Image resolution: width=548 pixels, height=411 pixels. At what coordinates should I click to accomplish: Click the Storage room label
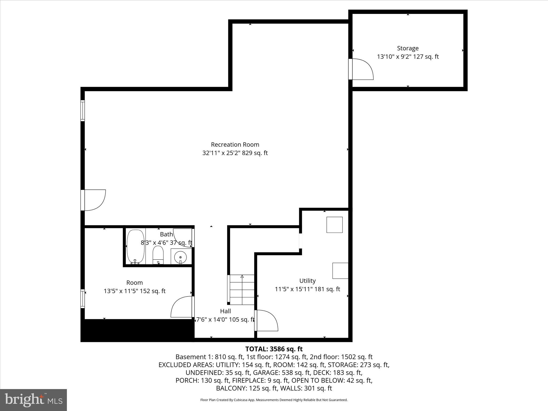pyautogui.click(x=408, y=48)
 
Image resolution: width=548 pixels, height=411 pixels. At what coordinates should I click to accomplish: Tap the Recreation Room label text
pyautogui.click(x=235, y=144)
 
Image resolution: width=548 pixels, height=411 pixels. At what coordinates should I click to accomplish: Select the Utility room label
pyautogui.click(x=307, y=281)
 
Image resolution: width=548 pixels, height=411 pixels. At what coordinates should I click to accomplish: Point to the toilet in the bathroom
pyautogui.click(x=158, y=255)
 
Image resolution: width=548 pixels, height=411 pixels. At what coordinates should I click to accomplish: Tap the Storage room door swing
pyautogui.click(x=361, y=69)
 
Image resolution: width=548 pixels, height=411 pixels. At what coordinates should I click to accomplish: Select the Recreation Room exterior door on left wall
pyautogui.click(x=94, y=200)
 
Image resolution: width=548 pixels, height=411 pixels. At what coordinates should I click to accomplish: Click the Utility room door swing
pyautogui.click(x=266, y=321)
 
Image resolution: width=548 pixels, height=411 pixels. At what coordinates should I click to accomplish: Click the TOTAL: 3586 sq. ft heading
pyautogui.click(x=274, y=349)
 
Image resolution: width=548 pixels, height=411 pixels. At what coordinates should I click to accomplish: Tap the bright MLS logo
pyautogui.click(x=33, y=400)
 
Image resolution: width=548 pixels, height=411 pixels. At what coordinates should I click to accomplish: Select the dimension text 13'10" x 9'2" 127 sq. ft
pyautogui.click(x=408, y=57)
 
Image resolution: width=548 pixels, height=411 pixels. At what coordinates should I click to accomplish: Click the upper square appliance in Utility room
pyautogui.click(x=334, y=225)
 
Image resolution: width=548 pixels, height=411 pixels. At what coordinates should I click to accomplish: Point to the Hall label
pyautogui.click(x=225, y=311)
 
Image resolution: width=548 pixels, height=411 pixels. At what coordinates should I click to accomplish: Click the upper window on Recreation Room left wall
pyautogui.click(x=83, y=111)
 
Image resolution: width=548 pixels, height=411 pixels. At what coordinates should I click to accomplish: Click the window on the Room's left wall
pyautogui.click(x=83, y=299)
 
